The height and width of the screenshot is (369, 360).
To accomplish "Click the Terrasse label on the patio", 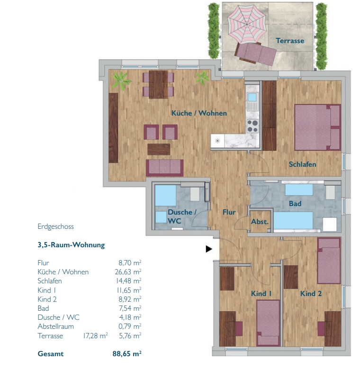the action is point(290,41).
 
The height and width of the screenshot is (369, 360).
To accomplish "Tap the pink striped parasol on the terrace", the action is point(247,24).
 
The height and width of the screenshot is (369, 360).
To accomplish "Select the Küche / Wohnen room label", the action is point(199,113).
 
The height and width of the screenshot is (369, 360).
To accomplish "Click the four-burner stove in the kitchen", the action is point(252,126).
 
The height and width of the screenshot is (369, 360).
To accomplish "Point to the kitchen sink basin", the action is point(252,97).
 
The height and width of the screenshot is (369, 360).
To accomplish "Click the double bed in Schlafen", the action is point(318,127).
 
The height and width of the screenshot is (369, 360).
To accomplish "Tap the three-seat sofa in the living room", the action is point(164,168).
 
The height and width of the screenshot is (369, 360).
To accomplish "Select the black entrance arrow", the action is point(209,249).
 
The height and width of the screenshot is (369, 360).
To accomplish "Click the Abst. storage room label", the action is point(260,222).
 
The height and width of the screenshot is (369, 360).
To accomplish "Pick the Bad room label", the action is point(295,204).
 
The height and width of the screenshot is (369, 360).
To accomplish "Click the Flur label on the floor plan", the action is point(229,212).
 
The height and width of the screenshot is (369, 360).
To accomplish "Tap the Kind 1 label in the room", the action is point(261,294).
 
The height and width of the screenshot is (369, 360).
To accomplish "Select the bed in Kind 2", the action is point(329,261).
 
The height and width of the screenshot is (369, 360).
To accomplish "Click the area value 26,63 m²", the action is point(128,272).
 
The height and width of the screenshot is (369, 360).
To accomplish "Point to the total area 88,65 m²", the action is point(127,354).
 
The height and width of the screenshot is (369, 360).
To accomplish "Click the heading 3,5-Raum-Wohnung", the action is point(71,245).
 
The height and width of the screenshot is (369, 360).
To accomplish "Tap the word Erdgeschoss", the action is point(55,226).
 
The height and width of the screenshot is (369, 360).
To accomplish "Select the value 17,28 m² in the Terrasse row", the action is point(95,335).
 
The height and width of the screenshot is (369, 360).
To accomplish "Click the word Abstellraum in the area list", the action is point(55,327).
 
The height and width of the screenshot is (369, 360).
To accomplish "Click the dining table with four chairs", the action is point(158,84).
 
